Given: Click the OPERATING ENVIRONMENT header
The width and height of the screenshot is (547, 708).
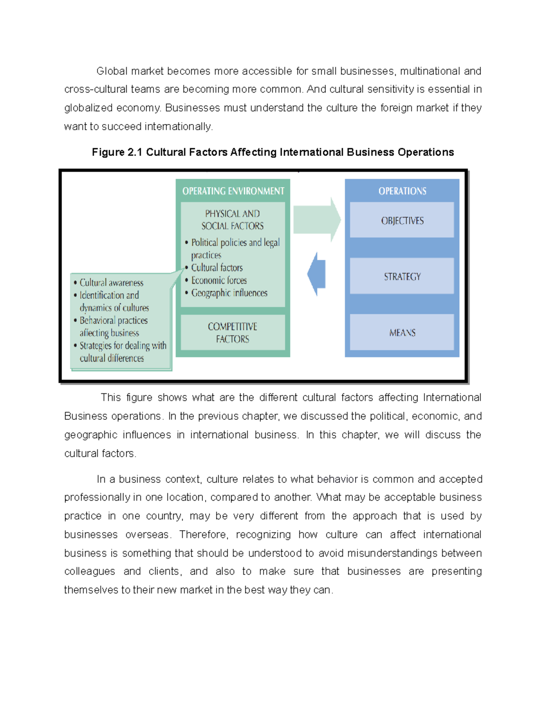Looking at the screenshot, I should [233, 191].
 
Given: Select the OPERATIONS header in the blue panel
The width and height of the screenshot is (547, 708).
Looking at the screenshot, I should [402, 191].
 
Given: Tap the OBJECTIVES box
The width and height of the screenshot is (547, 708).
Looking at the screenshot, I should [402, 221].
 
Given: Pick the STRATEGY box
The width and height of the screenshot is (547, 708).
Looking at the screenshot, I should [402, 277].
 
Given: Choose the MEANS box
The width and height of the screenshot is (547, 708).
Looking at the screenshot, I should [402, 333].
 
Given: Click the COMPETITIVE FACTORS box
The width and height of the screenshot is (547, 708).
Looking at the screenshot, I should [232, 333].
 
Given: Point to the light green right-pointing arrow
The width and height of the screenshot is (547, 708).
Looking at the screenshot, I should [316, 220].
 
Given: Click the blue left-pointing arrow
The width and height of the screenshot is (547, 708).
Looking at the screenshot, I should [317, 274].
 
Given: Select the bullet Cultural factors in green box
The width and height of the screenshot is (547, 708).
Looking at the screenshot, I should [217, 268].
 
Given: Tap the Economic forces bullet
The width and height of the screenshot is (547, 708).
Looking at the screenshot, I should [219, 280].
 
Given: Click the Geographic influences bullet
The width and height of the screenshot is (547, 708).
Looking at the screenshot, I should [229, 293].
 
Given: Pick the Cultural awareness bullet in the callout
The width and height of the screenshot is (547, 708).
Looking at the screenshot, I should [111, 283].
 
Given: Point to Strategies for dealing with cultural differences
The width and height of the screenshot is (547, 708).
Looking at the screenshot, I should [122, 352].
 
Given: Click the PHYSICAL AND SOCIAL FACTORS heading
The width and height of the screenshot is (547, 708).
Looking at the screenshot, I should [232, 220].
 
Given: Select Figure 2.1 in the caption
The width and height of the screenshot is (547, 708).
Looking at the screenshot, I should [117, 152].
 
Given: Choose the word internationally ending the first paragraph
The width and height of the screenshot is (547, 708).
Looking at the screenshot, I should [178, 127].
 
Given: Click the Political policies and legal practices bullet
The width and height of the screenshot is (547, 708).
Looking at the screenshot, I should [235, 248].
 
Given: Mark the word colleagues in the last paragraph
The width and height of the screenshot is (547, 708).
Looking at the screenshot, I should [89, 571].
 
